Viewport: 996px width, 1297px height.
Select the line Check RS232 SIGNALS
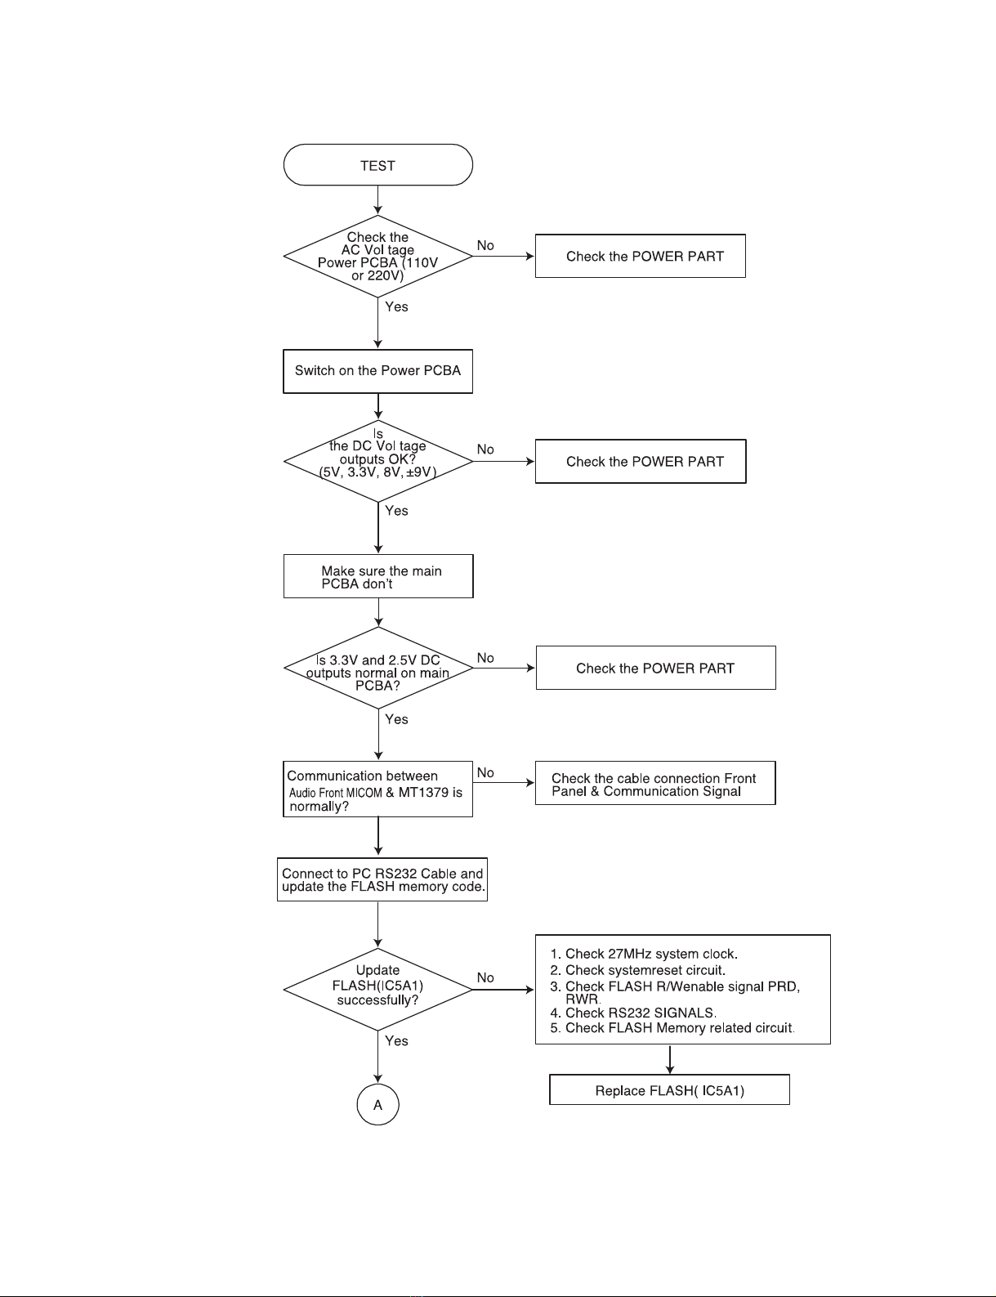[633, 1013]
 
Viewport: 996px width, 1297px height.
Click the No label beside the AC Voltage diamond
[485, 245]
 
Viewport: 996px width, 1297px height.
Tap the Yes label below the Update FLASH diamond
[396, 1041]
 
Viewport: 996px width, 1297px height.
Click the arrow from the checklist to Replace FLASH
[669, 1059]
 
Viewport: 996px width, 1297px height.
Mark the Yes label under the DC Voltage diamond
[396, 511]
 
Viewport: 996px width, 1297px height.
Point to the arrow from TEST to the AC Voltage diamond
[377, 200]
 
